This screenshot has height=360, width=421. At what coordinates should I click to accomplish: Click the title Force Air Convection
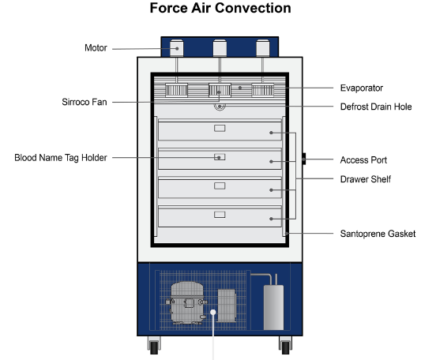[220, 8]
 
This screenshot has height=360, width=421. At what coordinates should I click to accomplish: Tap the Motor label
[96, 48]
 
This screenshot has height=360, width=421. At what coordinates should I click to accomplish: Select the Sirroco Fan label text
[85, 102]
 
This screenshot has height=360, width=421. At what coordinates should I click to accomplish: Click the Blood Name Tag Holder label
[61, 158]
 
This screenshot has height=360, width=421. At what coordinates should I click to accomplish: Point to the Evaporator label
[362, 88]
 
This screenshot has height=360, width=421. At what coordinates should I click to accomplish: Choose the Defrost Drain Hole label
[376, 107]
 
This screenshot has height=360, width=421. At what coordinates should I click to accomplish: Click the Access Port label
[363, 160]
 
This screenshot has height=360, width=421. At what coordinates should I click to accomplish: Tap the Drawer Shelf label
[366, 179]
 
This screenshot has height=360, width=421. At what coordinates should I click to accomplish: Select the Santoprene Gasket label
[378, 234]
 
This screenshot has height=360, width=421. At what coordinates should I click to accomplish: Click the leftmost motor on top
[177, 48]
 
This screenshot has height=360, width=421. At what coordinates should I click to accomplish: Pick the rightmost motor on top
[263, 48]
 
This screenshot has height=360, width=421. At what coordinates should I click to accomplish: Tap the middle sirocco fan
[220, 90]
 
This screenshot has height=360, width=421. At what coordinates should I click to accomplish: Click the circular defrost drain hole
[220, 107]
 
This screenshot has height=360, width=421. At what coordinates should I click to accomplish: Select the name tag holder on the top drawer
[220, 129]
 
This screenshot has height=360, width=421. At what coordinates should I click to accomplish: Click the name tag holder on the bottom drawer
[220, 215]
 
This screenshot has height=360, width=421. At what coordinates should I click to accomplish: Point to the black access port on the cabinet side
[304, 159]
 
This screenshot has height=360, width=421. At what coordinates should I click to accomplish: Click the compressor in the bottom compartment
[187, 303]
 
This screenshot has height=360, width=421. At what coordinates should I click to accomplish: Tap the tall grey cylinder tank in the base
[273, 307]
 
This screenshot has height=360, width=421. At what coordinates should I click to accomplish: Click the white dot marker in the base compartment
[213, 312]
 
